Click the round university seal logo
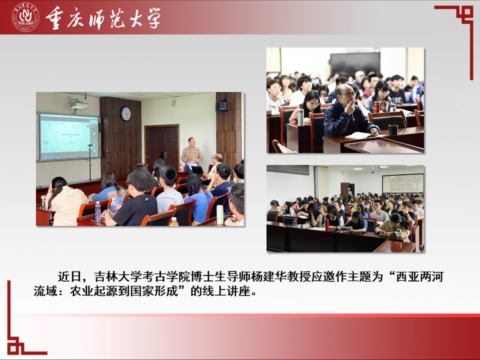click(x=25, y=17)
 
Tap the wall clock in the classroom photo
click(x=125, y=113)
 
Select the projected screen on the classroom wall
click(x=69, y=136)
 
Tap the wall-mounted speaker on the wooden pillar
click(x=222, y=105)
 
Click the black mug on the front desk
click(x=393, y=130)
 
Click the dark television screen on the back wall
click(x=355, y=64)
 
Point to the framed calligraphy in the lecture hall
click(x=403, y=183)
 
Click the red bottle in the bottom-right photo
click(x=327, y=224)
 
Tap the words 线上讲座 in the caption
click(x=226, y=291)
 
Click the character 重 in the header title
click(x=54, y=18)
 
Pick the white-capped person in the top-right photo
click(x=359, y=78)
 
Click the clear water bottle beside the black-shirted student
click(x=97, y=211)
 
